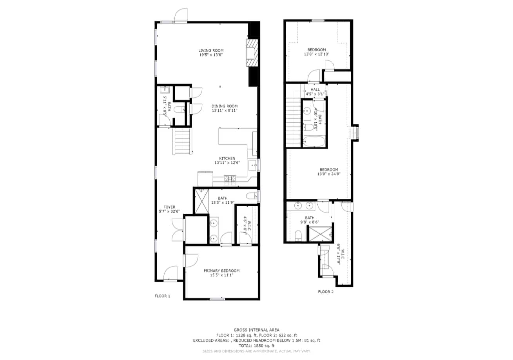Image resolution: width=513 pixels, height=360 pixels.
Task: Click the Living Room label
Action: click(211, 51)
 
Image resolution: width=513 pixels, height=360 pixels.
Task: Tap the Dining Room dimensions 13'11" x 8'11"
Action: click(225, 111)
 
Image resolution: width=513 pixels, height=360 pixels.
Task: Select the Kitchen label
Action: click(227, 158)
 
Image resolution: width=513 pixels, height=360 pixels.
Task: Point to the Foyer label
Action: click(169, 207)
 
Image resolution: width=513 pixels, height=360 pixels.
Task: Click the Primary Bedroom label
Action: click(221, 271)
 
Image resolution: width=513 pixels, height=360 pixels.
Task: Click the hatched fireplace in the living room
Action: click(252, 53)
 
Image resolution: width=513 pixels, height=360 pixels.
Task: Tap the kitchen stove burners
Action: click(230, 178)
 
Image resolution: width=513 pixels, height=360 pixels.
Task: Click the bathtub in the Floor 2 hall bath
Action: click(314, 142)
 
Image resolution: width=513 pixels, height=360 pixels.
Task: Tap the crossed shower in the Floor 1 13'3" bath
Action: click(202, 202)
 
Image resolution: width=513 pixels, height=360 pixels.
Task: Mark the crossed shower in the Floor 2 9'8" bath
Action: click(320, 234)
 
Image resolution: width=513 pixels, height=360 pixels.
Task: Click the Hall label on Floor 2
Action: click(315, 89)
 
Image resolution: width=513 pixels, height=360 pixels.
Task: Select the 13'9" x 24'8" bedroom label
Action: click(329, 172)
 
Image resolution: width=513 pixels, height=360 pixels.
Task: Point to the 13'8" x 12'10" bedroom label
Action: click(317, 52)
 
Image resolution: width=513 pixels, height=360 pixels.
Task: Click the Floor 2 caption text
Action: click(326, 292)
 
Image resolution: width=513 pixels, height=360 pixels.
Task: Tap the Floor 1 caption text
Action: click(162, 296)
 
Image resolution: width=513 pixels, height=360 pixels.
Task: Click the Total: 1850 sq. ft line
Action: click(256, 346)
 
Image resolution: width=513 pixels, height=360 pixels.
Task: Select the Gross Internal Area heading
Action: click(256, 330)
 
